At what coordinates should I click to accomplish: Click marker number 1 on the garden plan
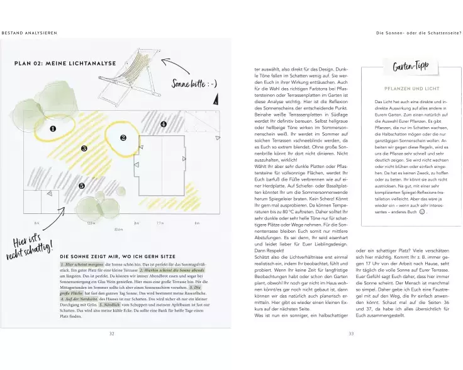pos(53,129)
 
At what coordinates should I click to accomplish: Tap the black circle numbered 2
pos(124,137)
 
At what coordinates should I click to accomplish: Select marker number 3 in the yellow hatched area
pos(84,149)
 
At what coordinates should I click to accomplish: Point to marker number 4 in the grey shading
pos(163,125)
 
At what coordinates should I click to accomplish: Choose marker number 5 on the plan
pos(82,186)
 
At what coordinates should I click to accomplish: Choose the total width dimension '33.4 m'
pos(118,230)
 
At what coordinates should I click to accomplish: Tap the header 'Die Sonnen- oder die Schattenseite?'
pos(418,32)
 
